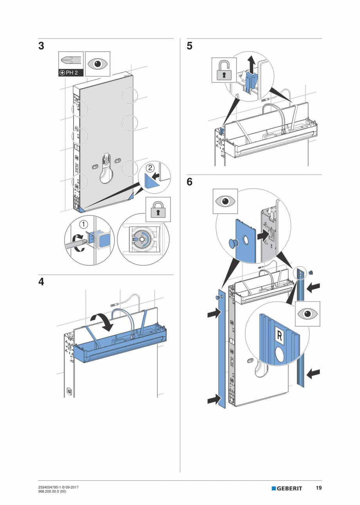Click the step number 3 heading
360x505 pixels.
(x=41, y=46)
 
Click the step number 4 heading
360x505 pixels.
(x=41, y=282)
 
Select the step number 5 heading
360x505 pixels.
(x=189, y=46)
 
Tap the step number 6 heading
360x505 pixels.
(x=189, y=182)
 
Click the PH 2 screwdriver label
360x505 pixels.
(x=71, y=73)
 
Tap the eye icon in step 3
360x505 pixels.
(x=97, y=63)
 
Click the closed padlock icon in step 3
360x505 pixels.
(x=158, y=209)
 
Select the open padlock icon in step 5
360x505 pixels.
(x=224, y=70)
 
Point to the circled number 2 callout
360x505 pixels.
(x=150, y=168)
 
